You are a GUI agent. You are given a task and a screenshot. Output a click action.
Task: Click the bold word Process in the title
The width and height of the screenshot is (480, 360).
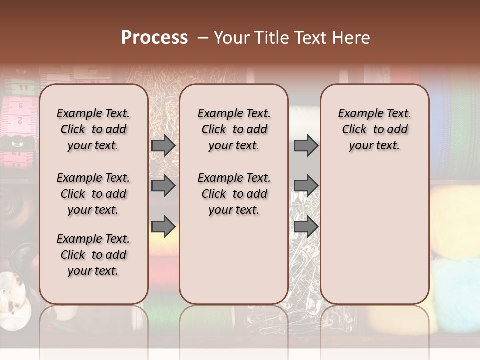pyautogui.click(x=154, y=37)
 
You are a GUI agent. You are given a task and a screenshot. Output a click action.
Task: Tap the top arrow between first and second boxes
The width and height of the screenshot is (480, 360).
pyautogui.click(x=163, y=146)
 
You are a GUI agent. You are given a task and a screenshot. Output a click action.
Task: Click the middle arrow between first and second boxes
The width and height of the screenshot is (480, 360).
pyautogui.click(x=163, y=186)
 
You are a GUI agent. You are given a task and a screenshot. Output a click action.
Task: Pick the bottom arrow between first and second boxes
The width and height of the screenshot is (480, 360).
pyautogui.click(x=163, y=226)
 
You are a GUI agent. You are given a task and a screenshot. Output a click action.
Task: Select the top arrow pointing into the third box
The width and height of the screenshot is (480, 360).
pyautogui.click(x=306, y=146)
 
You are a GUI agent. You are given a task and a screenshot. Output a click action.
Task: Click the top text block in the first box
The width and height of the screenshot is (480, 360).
pyautogui.click(x=93, y=129)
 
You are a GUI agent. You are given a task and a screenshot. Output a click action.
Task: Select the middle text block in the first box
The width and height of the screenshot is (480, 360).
pyautogui.click(x=93, y=194)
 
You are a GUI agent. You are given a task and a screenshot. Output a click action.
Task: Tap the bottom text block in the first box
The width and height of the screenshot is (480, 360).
pyautogui.click(x=93, y=255)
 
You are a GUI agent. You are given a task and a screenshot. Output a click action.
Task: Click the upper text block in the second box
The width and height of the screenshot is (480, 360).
pyautogui.click(x=234, y=129)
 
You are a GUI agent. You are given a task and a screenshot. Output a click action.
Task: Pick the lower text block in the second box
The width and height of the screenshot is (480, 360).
pyautogui.click(x=234, y=194)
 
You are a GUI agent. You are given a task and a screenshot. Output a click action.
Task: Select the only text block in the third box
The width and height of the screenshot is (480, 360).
pyautogui.click(x=375, y=129)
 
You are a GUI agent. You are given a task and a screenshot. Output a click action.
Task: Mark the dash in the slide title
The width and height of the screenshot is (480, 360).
pyautogui.click(x=203, y=38)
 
